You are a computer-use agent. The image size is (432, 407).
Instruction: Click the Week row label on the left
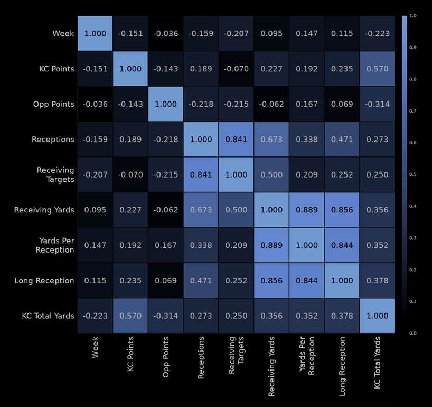(x=63, y=34)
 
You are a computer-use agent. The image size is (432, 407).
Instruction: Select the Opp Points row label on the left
(x=54, y=104)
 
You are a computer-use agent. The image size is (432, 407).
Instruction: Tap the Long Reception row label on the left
(x=44, y=281)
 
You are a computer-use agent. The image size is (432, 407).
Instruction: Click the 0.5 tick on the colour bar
(x=413, y=174)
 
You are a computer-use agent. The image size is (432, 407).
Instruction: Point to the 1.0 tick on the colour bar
(x=413, y=16)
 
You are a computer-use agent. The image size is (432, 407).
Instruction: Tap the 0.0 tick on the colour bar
(x=413, y=333)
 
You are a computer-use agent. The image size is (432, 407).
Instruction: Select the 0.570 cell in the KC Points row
(x=377, y=69)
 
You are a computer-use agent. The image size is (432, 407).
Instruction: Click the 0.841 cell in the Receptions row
(x=236, y=140)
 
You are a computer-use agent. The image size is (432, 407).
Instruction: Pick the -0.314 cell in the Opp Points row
(x=377, y=104)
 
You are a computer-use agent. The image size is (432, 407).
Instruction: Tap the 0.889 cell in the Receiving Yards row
(x=307, y=210)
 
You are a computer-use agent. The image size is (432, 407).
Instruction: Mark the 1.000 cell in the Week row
(x=95, y=34)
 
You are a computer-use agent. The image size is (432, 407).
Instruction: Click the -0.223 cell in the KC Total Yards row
(x=95, y=316)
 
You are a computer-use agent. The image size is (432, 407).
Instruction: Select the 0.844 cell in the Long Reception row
(x=307, y=281)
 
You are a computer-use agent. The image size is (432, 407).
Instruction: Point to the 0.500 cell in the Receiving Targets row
(x=271, y=174)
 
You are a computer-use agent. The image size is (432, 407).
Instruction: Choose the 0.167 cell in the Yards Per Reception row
(x=166, y=245)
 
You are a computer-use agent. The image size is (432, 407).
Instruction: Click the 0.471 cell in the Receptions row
(x=342, y=140)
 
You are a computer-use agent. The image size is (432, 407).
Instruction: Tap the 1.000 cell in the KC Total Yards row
(x=377, y=316)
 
